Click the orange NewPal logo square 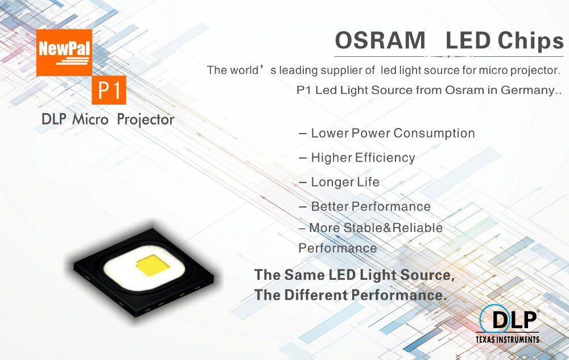click(64, 52)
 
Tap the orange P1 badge click(109, 90)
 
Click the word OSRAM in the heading click(380, 40)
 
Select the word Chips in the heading click(530, 41)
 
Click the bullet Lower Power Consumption click(387, 134)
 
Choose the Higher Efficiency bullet click(357, 158)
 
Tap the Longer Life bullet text click(339, 182)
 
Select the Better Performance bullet click(364, 206)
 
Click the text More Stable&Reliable click(376, 227)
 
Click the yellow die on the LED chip click(152, 266)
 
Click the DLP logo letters click(514, 320)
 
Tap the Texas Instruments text click(508, 340)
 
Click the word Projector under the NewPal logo click(146, 120)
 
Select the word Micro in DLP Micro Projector click(90, 119)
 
